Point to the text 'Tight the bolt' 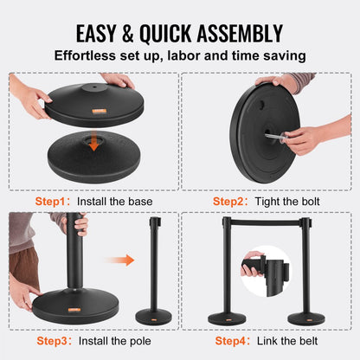(290, 201)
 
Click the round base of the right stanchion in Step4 (305, 318)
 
